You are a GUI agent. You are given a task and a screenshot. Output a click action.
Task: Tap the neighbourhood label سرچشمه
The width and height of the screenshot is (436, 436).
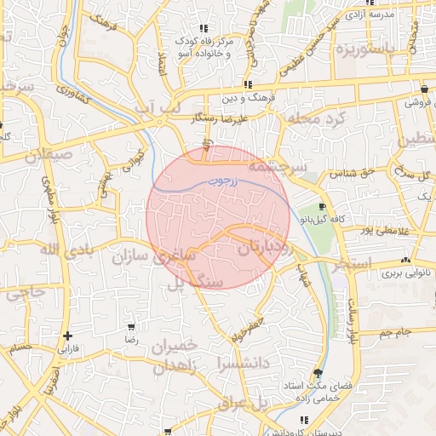[x=276, y=168]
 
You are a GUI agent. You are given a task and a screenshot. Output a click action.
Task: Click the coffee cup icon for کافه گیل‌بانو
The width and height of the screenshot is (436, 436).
[x=322, y=207]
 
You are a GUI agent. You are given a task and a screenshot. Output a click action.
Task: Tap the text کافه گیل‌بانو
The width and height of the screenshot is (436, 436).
[x=322, y=219]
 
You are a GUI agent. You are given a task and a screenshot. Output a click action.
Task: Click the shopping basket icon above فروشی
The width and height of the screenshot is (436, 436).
[x=424, y=89]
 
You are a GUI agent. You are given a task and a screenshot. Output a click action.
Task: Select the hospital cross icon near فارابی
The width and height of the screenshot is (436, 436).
[x=67, y=336]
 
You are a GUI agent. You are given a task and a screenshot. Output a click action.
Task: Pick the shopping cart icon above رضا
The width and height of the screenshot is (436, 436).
[x=131, y=326]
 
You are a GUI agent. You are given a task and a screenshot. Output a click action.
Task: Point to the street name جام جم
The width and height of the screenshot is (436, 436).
[x=396, y=330]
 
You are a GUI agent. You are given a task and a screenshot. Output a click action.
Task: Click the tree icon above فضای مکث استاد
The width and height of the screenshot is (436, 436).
[x=318, y=374]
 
